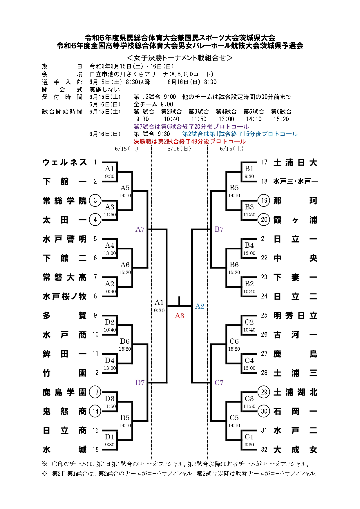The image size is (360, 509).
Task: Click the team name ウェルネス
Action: (x=64, y=162)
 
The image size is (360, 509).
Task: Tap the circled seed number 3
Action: (x=95, y=200)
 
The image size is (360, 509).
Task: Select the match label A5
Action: (x=125, y=188)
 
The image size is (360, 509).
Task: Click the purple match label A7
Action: (x=140, y=229)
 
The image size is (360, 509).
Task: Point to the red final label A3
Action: (x=179, y=316)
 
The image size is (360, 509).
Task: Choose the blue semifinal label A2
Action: (x=200, y=306)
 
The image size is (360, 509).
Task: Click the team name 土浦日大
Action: (x=295, y=162)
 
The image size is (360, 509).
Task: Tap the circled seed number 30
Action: (x=264, y=411)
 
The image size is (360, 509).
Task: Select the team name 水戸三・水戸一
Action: (x=295, y=182)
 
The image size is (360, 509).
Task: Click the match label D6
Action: (x=125, y=341)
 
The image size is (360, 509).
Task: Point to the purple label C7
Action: (x=219, y=383)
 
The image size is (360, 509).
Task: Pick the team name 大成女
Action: (x=295, y=450)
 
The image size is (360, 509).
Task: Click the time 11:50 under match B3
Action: (x=249, y=215)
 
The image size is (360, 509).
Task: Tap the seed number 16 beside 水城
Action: (x=95, y=450)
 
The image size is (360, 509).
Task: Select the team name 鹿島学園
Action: (x=64, y=392)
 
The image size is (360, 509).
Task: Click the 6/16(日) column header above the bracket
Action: (x=179, y=149)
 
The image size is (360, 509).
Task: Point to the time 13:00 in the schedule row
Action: (x=226, y=119)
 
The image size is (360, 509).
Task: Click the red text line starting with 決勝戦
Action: (x=189, y=142)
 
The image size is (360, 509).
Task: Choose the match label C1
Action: (x=249, y=437)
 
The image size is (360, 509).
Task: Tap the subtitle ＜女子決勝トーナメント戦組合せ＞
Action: (x=180, y=58)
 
